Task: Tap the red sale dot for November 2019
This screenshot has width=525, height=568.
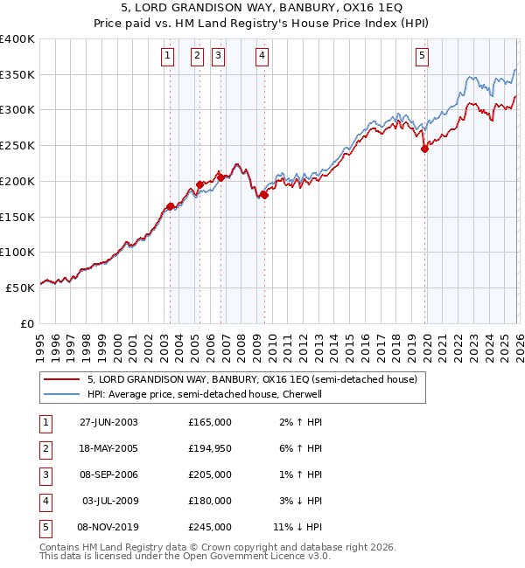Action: pos(424,149)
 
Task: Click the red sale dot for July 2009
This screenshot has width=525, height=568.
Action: pos(263,195)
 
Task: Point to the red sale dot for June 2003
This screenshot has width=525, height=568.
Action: pos(171,206)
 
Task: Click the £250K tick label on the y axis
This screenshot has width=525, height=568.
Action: pos(17,146)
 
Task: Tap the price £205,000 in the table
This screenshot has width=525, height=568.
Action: pos(209,474)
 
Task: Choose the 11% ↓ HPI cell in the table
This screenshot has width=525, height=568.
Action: pos(297,527)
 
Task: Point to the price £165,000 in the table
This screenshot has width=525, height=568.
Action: pos(209,422)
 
